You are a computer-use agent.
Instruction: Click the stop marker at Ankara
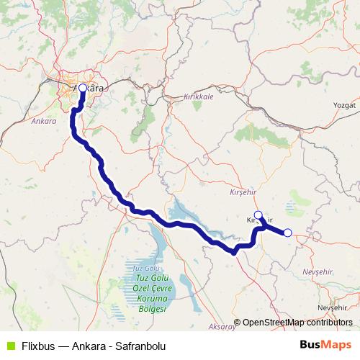pyautogui.click(x=82, y=88)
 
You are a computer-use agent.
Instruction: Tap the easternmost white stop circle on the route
pyautogui.click(x=287, y=232)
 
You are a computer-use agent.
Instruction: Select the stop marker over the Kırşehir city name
pyautogui.click(x=258, y=215)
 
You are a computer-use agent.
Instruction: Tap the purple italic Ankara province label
pyautogui.click(x=44, y=122)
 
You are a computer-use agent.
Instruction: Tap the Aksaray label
pyautogui.click(x=223, y=327)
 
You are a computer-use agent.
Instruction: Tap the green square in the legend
pyautogui.click(x=8, y=345)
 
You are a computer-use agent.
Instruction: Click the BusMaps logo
pyautogui.click(x=326, y=344)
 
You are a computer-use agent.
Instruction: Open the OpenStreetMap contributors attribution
pyautogui.click(x=297, y=323)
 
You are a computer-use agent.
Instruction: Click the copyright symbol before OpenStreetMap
pyautogui.click(x=238, y=323)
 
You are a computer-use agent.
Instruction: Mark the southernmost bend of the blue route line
pyautogui.click(x=234, y=253)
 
